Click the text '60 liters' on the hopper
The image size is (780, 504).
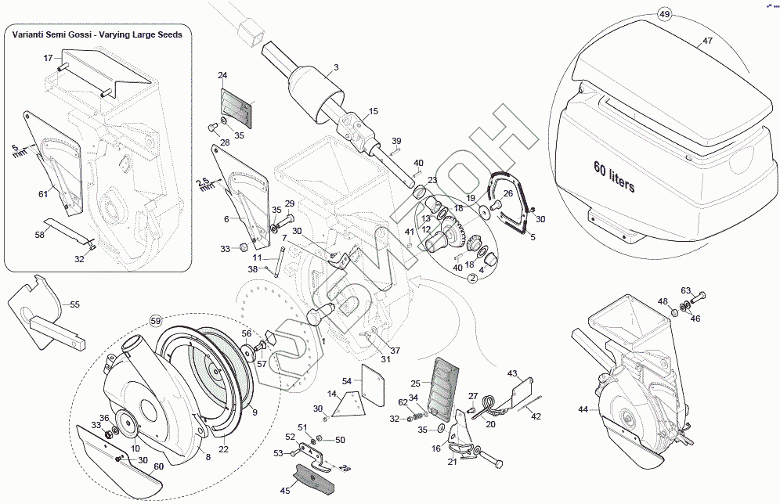614,178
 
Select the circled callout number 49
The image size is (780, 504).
665,15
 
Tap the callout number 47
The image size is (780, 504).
707,41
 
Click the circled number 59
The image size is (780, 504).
155,320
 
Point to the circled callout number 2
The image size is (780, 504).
473,276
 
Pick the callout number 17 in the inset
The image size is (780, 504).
48,58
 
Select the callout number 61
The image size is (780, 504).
43,193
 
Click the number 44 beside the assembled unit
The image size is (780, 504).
583,409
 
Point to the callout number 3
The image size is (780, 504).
336,67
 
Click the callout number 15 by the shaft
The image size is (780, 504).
374,111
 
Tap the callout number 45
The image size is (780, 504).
285,491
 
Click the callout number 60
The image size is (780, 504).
158,466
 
